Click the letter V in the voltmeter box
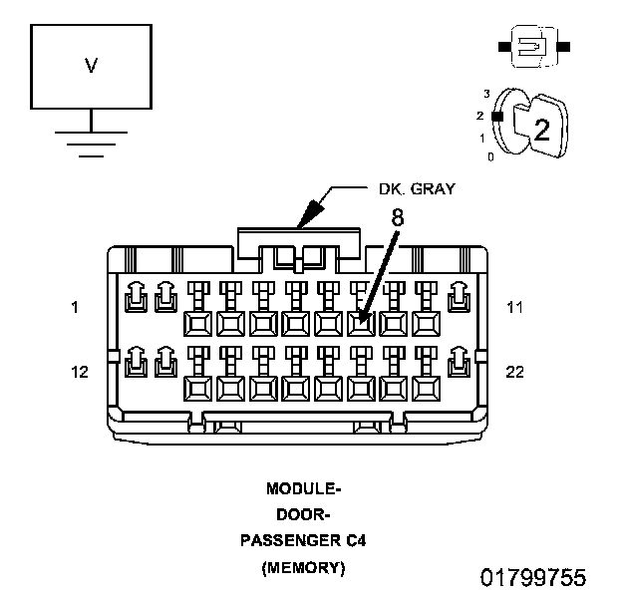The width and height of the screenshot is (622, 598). tap(91, 66)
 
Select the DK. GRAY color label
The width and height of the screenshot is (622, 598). tap(417, 188)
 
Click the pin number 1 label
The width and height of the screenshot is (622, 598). tap(75, 308)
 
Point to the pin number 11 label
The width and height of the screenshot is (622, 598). tap(514, 308)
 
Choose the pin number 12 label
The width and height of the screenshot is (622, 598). tap(81, 372)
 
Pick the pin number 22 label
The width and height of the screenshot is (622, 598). tap(515, 372)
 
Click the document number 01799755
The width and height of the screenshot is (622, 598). tap(533, 577)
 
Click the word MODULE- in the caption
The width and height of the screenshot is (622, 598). tap(304, 489)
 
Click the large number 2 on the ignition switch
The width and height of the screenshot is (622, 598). tap(541, 129)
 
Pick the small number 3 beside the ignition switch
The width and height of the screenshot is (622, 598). tap(485, 93)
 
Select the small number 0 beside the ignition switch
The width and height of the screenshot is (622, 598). tap(489, 156)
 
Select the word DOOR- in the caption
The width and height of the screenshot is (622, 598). tap(304, 515)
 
